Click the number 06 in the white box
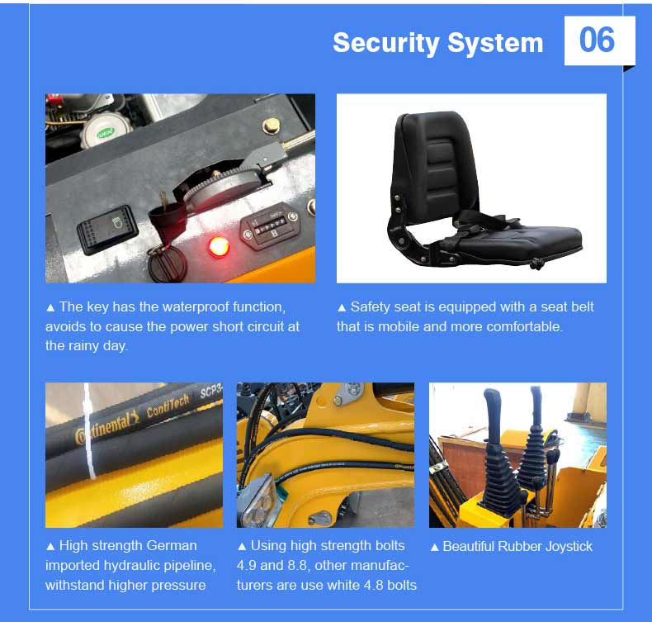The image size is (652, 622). [597, 40]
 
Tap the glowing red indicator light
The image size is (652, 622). [218, 245]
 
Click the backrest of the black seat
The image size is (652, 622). [437, 161]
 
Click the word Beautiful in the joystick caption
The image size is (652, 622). [471, 546]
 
